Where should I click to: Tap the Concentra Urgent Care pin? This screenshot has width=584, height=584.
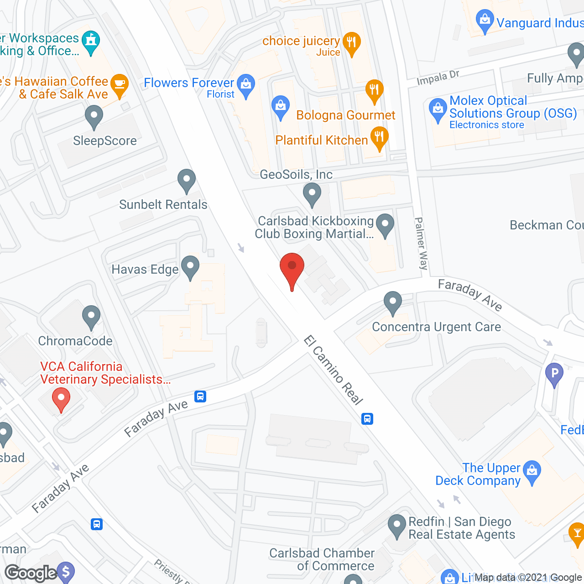pos(392,302)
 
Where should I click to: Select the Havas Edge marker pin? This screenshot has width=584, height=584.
pos(190,267)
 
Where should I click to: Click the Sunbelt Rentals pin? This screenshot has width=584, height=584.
pos(186,180)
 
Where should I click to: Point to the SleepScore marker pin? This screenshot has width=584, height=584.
pos(94,116)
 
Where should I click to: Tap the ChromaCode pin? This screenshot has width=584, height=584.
pos(91,316)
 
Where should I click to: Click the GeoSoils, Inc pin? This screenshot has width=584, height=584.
pos(312,194)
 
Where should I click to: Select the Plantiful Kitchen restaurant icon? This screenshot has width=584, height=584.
pos(379,138)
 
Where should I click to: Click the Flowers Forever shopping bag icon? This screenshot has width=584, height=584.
pos(246,85)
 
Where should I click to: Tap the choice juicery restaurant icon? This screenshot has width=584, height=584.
pos(351,43)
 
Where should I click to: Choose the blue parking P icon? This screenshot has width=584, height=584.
pos(554,374)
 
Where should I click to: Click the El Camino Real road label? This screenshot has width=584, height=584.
pos(334,370)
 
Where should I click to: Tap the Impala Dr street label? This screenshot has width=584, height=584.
pos(438,78)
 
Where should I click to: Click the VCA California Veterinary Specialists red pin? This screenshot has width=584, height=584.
pos(61,399)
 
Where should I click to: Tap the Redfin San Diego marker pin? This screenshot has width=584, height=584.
pos(396,525)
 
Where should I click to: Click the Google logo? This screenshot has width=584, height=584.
pos(31,573)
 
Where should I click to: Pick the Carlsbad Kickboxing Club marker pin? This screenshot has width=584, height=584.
pos(386,225)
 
